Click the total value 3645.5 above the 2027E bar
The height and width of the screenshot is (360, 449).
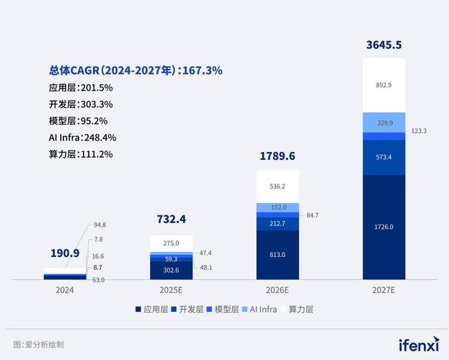coord(383,45)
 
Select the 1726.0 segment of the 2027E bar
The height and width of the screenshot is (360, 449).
coord(383,227)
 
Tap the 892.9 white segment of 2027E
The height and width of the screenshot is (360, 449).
coord(383,85)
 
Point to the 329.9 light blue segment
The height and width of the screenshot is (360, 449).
coord(383,123)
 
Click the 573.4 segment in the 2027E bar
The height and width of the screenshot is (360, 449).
coord(383,157)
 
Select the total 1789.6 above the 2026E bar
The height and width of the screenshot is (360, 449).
coord(277,156)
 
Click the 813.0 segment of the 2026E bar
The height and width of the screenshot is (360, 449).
coord(277,254)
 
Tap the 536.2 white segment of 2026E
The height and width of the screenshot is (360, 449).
coord(277,186)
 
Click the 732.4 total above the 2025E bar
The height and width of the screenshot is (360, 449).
coord(171,219)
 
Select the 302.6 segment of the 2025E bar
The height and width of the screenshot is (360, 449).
coord(171,270)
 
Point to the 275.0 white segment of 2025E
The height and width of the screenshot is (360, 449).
coord(171,243)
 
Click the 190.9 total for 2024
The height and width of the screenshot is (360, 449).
coord(64,253)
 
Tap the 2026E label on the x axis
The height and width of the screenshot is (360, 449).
coord(277,290)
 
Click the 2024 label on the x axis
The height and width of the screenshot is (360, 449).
coord(65,290)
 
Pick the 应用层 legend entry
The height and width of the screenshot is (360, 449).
coord(152,309)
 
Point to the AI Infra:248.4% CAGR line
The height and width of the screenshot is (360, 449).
coord(82,137)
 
